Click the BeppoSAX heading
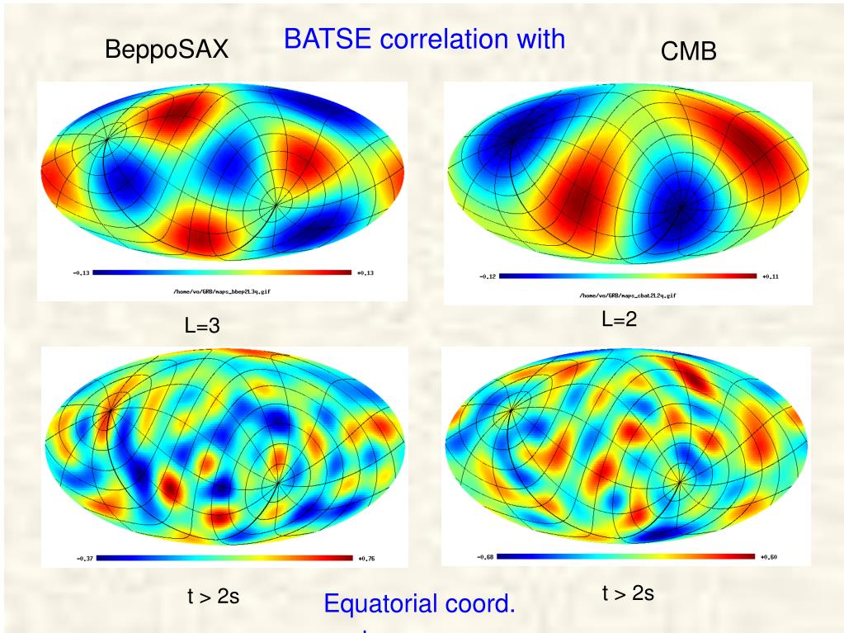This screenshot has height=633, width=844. (x=166, y=51)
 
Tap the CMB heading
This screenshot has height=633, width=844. (x=688, y=52)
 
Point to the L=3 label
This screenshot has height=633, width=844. (x=201, y=326)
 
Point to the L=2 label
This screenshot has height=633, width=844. (x=619, y=320)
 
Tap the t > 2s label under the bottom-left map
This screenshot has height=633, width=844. (x=213, y=596)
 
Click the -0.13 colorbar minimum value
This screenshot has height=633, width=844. (x=80, y=272)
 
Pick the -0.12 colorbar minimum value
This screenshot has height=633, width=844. (x=487, y=277)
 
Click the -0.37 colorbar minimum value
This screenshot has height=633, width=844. (x=84, y=559)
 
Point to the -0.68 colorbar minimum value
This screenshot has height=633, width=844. (x=484, y=557)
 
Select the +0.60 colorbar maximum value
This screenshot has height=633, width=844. (x=769, y=557)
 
